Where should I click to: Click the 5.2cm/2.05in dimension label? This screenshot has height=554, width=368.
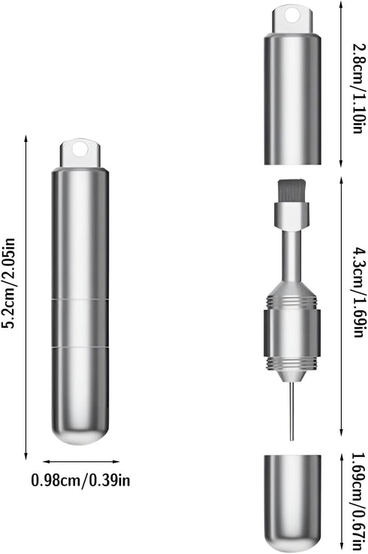[x=9, y=283]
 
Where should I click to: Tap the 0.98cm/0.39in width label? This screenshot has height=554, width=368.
[x=81, y=480]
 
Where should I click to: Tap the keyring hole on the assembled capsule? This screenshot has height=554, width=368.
[x=80, y=149]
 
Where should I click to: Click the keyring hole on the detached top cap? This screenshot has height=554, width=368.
[x=292, y=16]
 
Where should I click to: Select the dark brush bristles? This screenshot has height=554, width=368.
[x=291, y=191]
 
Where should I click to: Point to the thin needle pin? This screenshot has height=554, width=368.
[x=291, y=411]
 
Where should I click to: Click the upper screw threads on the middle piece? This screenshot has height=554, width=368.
[x=291, y=301]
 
